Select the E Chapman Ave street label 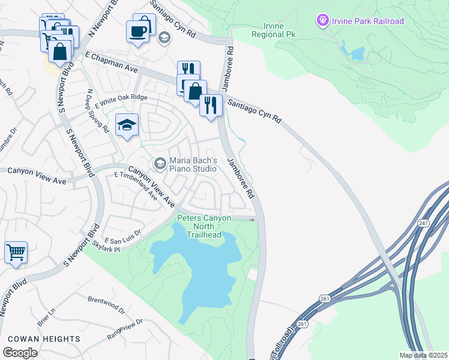112,62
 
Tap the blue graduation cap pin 127,125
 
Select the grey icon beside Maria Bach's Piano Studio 160,163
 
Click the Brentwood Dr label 106,304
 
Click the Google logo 20,353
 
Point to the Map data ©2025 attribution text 423,355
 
